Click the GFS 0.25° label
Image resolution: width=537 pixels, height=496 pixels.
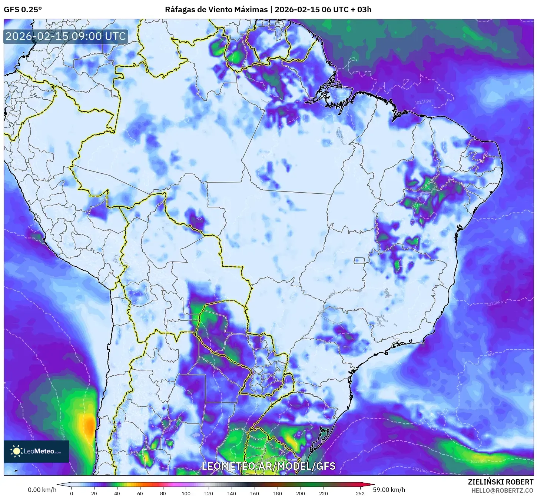click(x=23, y=10)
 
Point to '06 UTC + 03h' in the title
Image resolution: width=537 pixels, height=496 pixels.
click(x=347, y=10)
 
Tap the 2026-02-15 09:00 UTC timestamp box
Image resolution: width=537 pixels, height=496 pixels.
click(x=66, y=36)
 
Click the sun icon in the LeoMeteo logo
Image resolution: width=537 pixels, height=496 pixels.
click(x=17, y=451)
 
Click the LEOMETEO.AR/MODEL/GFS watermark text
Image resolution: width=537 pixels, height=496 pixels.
click(x=268, y=466)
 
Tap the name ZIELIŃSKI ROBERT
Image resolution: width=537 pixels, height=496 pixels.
click(x=500, y=482)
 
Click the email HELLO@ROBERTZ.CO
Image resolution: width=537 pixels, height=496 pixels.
click(x=502, y=490)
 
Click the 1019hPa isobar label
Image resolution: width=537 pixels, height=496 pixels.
click(x=478, y=462)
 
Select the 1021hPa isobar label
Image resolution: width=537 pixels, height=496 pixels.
click(x=420, y=470)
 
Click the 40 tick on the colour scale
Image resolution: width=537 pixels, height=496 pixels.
click(x=117, y=493)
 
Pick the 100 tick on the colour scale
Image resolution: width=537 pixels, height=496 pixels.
click(x=186, y=493)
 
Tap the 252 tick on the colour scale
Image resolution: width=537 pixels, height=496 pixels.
click(x=360, y=493)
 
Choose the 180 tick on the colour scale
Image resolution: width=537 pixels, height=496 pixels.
click(x=278, y=493)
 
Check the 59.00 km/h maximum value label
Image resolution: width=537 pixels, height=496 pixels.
click(x=389, y=490)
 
